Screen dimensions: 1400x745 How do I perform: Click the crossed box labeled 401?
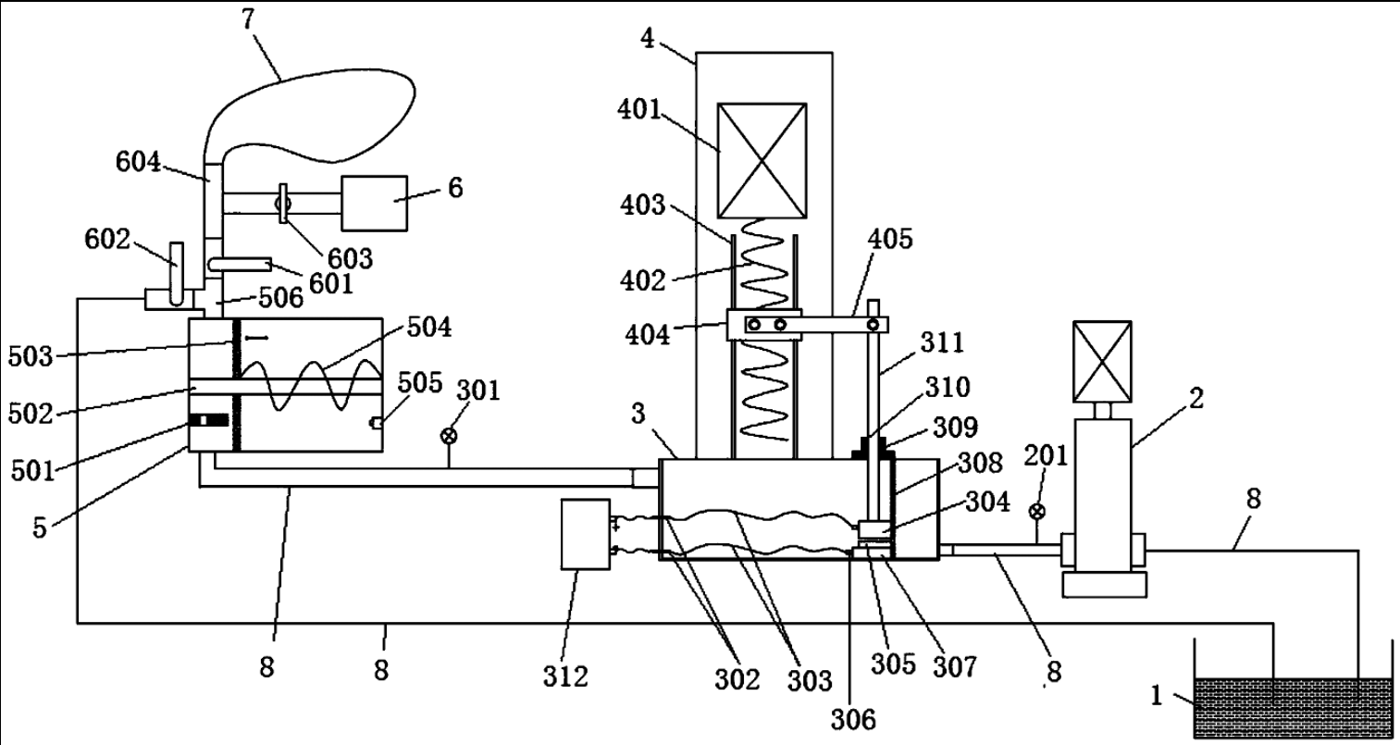[x=762, y=161]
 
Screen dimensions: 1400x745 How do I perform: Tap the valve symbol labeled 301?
[x=449, y=436]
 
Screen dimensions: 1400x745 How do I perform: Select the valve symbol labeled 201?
[x=1037, y=512]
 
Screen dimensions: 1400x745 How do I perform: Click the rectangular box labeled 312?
[x=586, y=534]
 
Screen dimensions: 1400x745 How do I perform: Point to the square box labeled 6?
[x=375, y=203]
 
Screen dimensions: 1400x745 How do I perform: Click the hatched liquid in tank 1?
[x=1294, y=708]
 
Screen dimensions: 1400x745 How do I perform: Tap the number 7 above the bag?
[x=248, y=19]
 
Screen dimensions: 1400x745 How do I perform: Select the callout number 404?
[x=648, y=335]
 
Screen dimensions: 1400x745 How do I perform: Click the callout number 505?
[x=420, y=382]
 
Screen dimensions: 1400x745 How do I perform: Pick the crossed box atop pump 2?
[x=1102, y=362]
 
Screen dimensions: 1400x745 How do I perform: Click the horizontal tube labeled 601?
[x=240, y=265]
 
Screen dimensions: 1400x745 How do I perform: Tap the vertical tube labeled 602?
[x=177, y=274]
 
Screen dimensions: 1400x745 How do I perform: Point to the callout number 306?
[x=853, y=720]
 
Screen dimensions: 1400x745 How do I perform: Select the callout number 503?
[x=31, y=357]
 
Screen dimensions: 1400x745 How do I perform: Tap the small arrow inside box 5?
[x=256, y=338]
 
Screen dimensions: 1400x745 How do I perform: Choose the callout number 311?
[x=943, y=343]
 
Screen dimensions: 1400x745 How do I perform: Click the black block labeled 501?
[x=208, y=420]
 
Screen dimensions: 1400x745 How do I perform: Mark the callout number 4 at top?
[x=648, y=39]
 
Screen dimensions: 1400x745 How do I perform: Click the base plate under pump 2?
[x=1105, y=585]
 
